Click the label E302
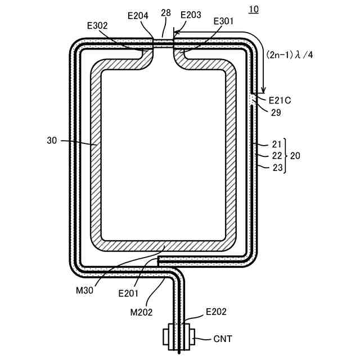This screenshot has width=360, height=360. coord(97,25)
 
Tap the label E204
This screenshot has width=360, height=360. coord(137,16)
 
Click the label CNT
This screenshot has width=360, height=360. coord(222,339)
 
